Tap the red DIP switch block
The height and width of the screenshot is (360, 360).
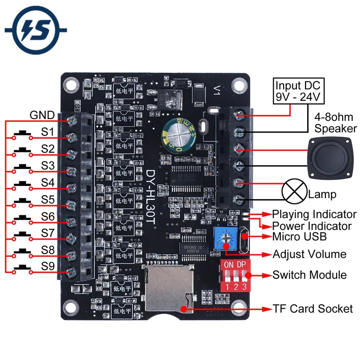click(234, 275)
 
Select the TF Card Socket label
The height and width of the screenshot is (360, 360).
click(312, 309)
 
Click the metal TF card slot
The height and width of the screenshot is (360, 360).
click(168, 288)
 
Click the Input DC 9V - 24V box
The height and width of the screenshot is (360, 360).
click(298, 91)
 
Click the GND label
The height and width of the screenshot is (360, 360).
click(42, 115)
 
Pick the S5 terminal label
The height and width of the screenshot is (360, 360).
click(48, 199)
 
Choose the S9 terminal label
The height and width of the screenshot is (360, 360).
click(48, 266)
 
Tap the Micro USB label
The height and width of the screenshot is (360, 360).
click(300, 237)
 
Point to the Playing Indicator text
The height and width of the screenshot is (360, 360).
click(314, 214)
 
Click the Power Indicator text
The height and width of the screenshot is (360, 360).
click(312, 226)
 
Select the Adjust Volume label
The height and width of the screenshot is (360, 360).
click(309, 254)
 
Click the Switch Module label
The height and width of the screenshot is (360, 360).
click(309, 275)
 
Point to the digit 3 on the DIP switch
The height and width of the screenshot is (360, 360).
click(244, 287)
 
